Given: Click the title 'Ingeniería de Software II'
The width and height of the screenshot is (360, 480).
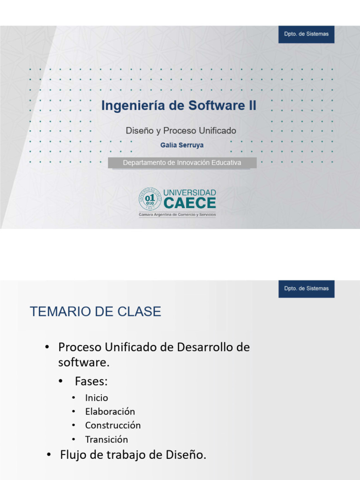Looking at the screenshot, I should pos(179,105).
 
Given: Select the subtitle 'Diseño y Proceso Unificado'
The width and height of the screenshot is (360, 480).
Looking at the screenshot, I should pos(180,131).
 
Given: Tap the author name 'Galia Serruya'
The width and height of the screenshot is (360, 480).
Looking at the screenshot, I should pos(182,145).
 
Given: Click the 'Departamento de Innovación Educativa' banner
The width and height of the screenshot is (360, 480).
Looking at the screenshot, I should pos(182,163).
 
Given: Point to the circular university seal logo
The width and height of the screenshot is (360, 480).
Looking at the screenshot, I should pos(150,199).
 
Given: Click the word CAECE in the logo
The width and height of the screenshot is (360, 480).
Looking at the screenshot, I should pos(189,203).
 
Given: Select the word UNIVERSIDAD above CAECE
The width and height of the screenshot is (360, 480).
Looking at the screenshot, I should pos(189,193).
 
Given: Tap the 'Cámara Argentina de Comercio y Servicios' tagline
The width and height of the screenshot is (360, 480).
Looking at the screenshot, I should pos(177,214).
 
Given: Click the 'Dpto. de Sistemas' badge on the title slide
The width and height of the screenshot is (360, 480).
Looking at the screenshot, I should pos(306,34).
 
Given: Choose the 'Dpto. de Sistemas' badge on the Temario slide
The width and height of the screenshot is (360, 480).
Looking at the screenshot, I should pos(306,289).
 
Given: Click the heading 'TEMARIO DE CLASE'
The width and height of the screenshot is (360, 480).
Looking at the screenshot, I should pos(96,312).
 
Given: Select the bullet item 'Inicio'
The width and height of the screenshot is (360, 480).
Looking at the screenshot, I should pos(97,398).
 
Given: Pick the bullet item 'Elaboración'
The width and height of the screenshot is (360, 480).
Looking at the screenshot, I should pos(110,412).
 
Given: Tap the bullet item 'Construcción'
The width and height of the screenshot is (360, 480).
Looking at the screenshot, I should pos(113,426).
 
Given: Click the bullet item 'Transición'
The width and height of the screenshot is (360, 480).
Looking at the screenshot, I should pos(106,440).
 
